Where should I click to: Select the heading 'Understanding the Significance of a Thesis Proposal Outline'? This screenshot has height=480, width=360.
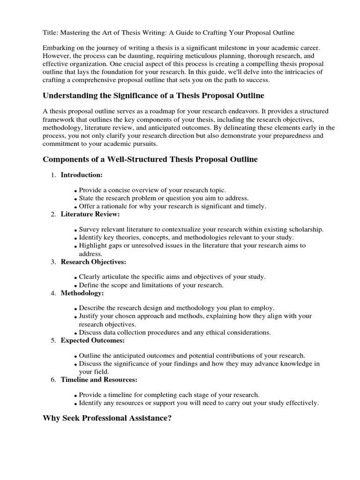click(153, 96)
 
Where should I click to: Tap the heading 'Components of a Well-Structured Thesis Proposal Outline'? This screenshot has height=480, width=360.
click(150, 159)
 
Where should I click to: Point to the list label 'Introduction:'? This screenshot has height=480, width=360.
click(82, 175)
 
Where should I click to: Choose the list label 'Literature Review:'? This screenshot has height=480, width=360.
click(90, 214)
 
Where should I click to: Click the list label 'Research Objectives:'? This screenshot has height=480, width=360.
click(93, 262)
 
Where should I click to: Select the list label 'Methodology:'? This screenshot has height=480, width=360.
click(82, 293)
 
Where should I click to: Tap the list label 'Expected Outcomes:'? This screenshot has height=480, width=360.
click(92, 340)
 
